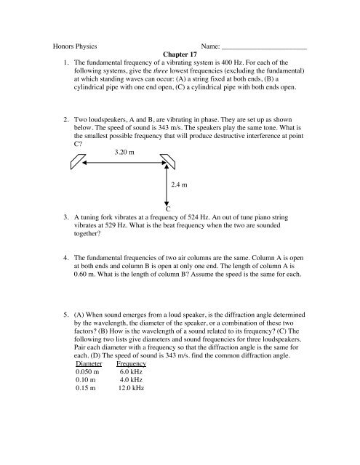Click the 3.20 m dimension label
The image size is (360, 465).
tap(128, 152)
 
